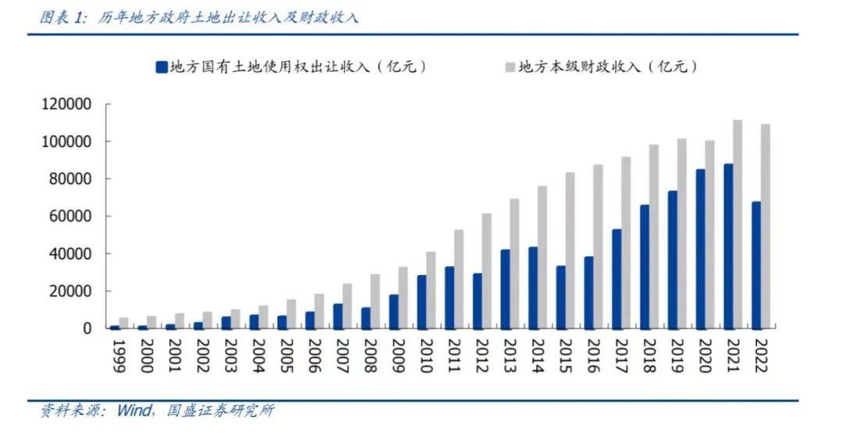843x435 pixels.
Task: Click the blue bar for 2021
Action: point(728,246)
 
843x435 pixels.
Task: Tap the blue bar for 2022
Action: point(756,265)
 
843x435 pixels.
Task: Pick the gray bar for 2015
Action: point(570,250)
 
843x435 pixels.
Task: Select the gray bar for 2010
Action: point(431,290)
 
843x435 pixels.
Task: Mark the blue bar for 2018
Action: point(645,266)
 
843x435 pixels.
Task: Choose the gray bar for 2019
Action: point(681,234)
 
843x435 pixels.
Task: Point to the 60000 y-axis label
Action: point(69,216)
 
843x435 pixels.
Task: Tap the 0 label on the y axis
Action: point(88,329)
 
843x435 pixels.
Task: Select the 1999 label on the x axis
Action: point(119,355)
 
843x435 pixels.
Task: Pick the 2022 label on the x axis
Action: point(760,355)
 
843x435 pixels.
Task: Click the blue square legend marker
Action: point(162,67)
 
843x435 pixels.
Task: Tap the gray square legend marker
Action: point(510,67)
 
